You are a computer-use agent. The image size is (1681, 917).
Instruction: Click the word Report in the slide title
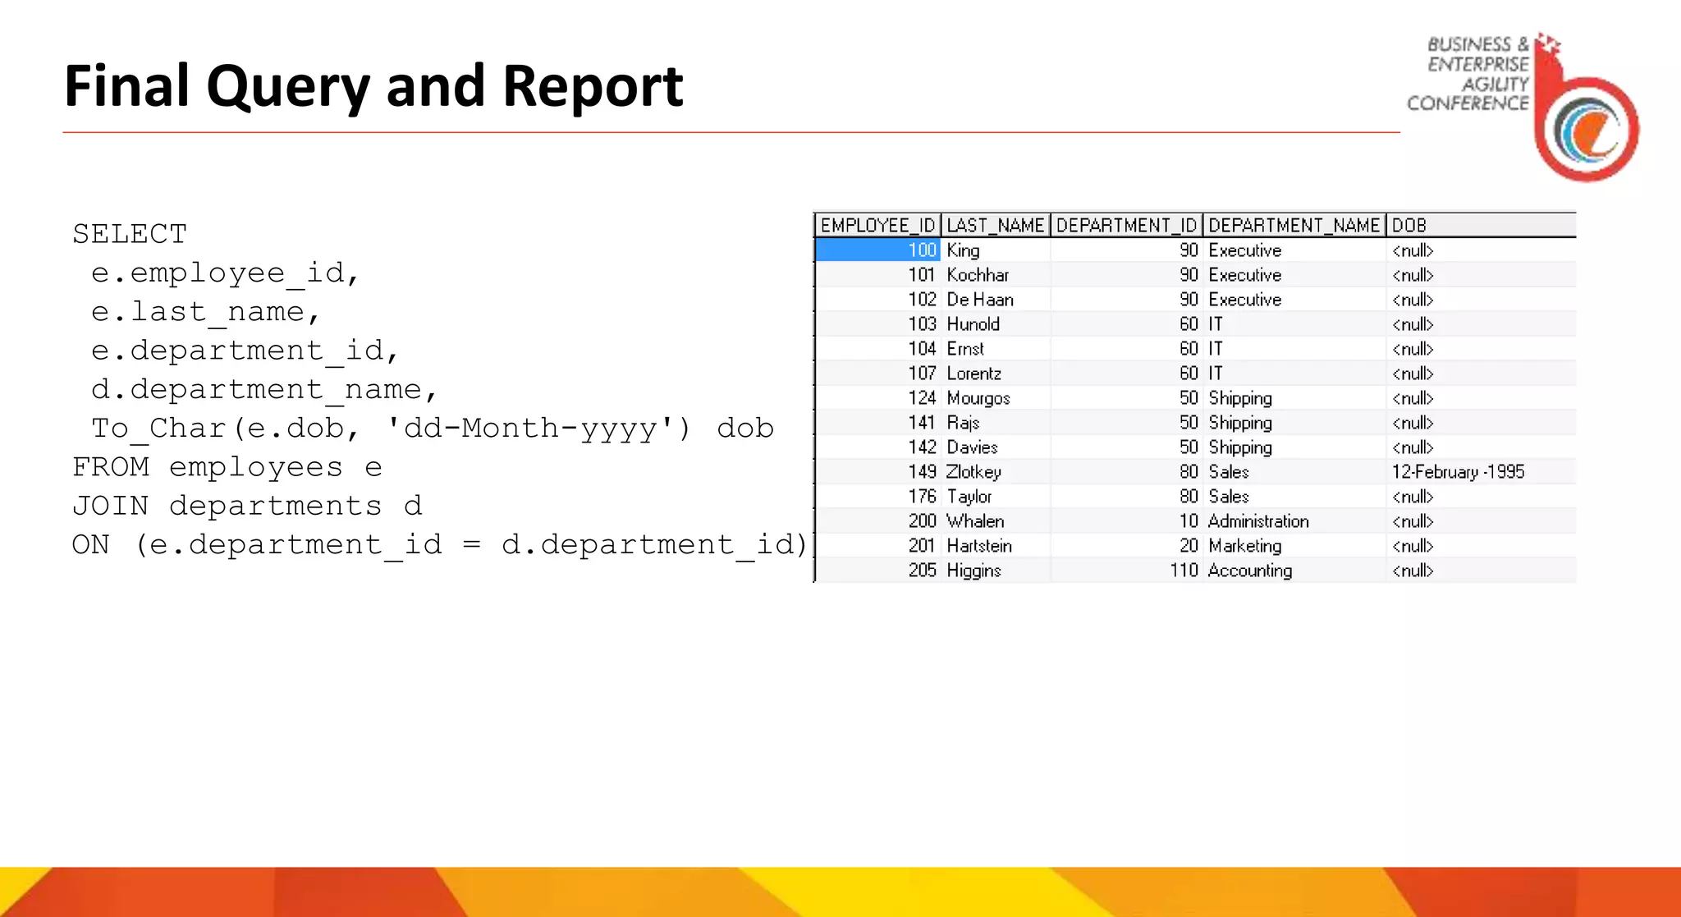pos(592,86)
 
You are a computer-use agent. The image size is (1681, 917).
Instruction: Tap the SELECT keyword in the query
pos(130,234)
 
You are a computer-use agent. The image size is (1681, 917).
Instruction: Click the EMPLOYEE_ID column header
pos(877,226)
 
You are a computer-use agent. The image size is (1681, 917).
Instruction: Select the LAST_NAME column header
pos(995,226)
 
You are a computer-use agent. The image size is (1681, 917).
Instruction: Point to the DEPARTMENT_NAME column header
pos(1294,226)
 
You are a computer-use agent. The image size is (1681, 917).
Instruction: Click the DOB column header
pos(1408,226)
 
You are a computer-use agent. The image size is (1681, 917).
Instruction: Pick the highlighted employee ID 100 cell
pos(877,250)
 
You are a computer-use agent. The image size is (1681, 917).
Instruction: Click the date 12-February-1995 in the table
pos(1458,472)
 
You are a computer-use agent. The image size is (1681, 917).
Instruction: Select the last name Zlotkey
pos(973,472)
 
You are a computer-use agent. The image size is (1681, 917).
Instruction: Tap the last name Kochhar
pos(978,275)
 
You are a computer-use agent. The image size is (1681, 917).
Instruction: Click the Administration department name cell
pos(1258,521)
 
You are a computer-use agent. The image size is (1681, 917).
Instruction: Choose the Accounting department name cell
pos(1250,571)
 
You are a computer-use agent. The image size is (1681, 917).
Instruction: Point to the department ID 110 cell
pos(1184,571)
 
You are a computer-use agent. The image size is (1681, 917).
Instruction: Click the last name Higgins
pos(973,571)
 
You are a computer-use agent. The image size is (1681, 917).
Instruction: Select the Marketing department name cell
pos(1244,546)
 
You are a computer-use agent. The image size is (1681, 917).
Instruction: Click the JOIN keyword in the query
pos(110,506)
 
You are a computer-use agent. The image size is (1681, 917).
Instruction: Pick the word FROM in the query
pos(110,467)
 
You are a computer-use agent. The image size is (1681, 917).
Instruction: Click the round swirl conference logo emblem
pos(1587,131)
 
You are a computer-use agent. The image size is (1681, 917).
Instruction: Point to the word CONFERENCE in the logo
pos(1468,103)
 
